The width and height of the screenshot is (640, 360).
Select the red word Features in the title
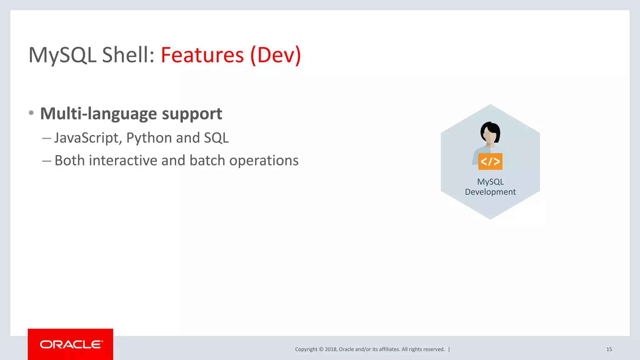point(202,55)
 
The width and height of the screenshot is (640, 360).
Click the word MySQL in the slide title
point(62,55)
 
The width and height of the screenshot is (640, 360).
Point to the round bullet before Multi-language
point(31,113)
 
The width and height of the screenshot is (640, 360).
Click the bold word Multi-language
point(98,113)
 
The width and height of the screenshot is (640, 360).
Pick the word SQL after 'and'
point(216,138)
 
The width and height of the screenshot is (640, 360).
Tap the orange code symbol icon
point(490,162)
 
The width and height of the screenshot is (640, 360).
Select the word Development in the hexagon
point(490,192)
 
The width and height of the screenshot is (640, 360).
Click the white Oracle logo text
point(71,344)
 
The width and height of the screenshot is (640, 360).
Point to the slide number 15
point(609,349)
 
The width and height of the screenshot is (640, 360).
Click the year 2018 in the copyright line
point(330,349)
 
